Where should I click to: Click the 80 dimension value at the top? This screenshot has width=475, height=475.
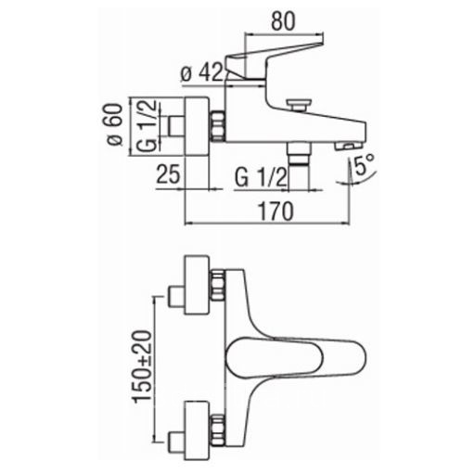(x=283, y=21)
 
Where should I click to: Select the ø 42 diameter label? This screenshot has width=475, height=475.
(x=202, y=72)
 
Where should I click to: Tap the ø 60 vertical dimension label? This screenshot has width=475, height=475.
(x=114, y=124)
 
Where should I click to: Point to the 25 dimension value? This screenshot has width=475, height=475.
(x=168, y=173)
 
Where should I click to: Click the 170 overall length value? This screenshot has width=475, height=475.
(x=276, y=212)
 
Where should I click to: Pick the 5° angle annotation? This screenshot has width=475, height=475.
(x=364, y=165)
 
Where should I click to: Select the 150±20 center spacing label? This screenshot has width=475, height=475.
(x=143, y=366)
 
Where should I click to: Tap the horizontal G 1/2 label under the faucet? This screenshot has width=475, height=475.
(x=261, y=177)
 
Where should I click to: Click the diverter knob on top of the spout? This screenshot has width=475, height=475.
(x=298, y=104)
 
